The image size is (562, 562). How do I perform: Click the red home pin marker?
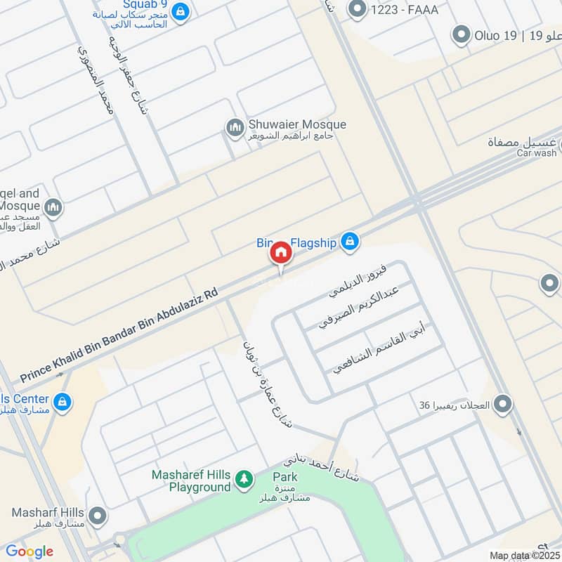(x=280, y=254)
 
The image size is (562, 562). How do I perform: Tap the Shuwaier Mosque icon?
(x=234, y=128)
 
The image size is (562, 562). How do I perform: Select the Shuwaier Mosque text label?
(x=297, y=125)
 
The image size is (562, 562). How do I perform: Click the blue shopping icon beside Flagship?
(x=349, y=242)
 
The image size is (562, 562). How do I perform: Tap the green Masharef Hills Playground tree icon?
(x=244, y=479)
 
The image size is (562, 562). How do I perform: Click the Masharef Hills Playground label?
(x=190, y=481)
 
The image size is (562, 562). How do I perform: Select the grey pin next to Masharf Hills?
(x=98, y=517)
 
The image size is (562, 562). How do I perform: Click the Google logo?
(x=30, y=551)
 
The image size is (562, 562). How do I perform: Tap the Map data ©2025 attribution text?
(x=519, y=555)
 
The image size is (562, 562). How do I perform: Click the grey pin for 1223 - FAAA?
(x=358, y=8)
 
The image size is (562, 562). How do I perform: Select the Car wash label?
(x=537, y=152)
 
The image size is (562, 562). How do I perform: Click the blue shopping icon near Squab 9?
(x=181, y=11)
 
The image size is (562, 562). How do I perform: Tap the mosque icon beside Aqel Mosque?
(x=53, y=207)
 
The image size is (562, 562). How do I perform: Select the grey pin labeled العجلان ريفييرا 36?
(x=502, y=405)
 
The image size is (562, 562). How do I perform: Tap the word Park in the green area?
(x=285, y=477)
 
